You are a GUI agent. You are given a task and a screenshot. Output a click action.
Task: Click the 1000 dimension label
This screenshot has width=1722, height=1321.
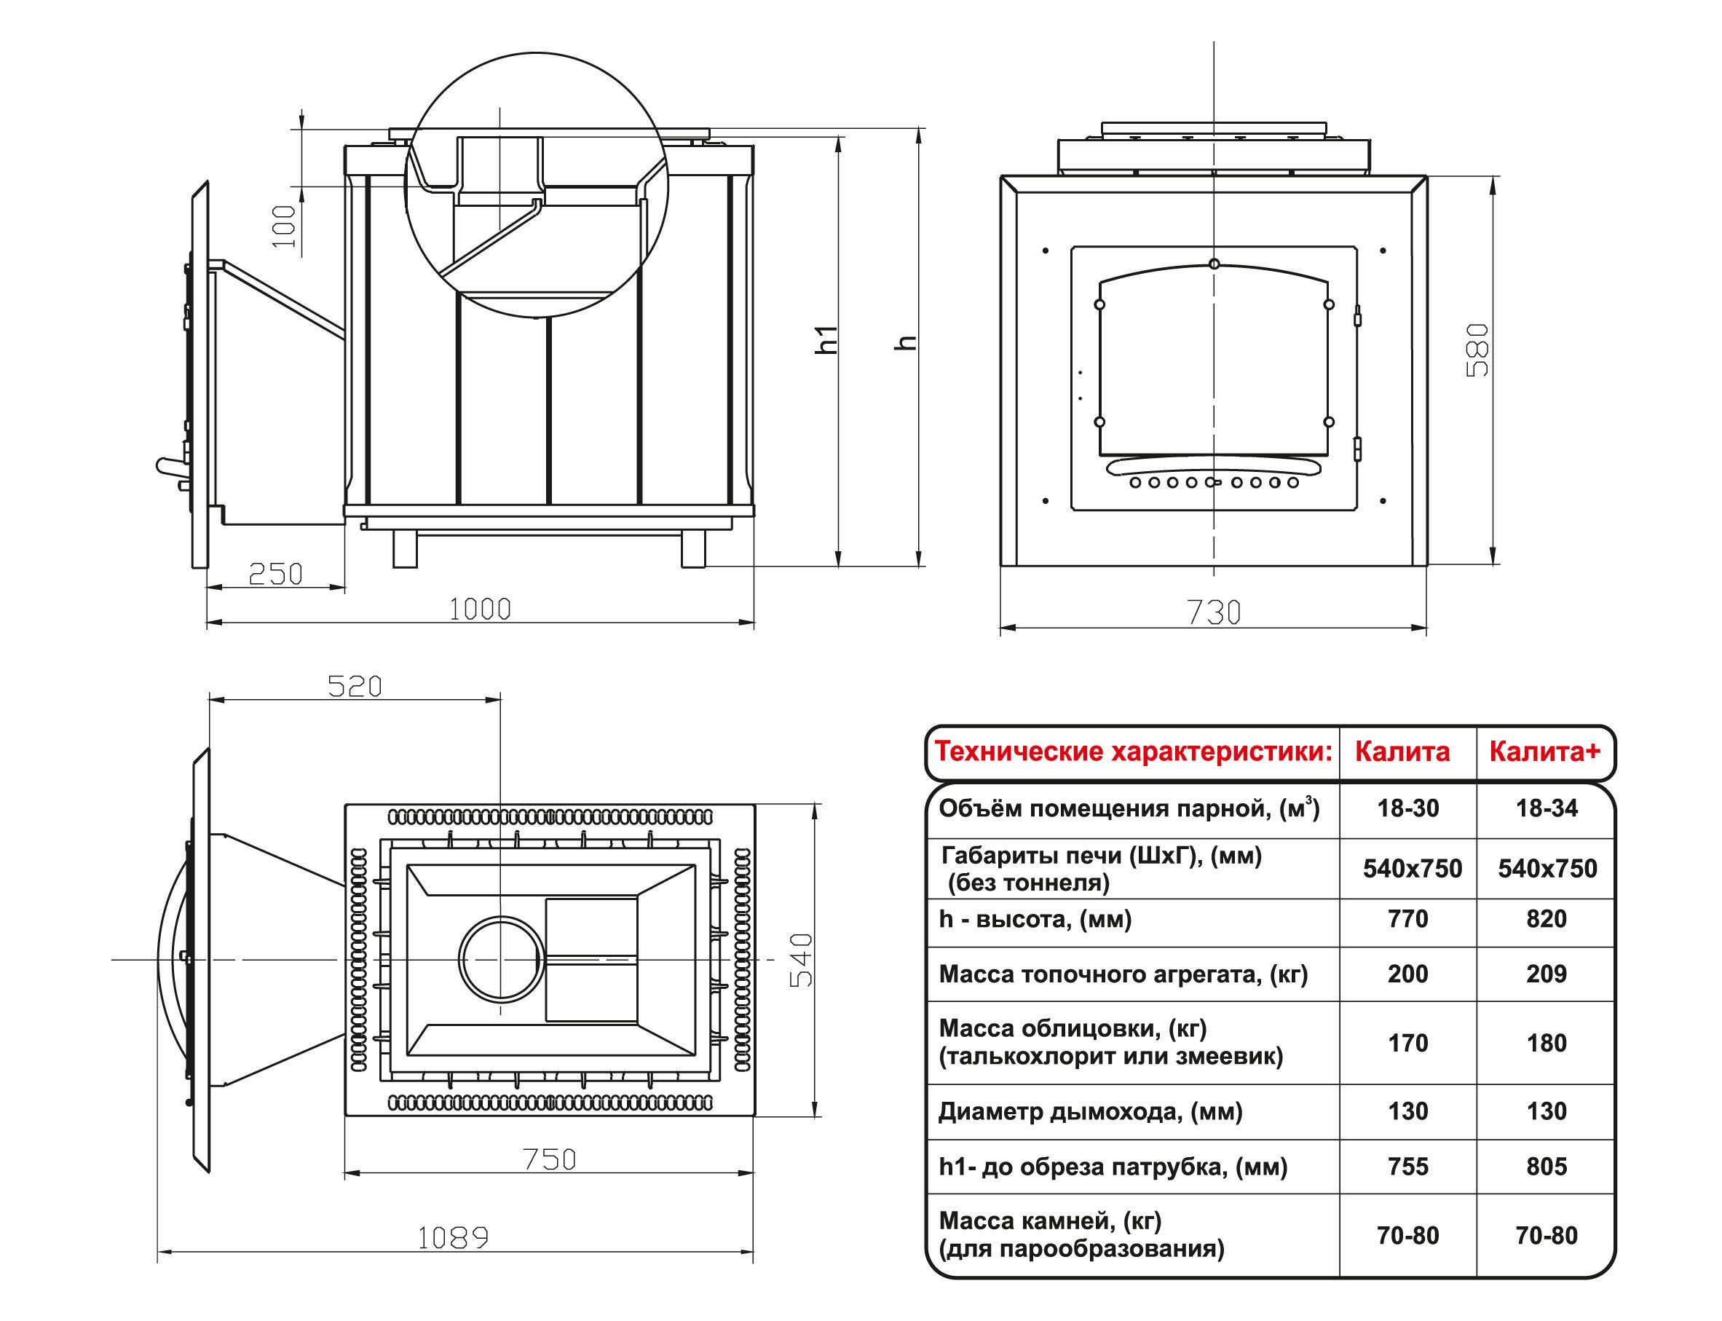[x=480, y=609]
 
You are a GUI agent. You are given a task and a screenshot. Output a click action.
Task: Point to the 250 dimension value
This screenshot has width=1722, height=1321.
[x=275, y=574]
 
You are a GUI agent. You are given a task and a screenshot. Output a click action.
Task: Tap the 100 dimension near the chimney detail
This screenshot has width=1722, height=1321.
[x=285, y=226]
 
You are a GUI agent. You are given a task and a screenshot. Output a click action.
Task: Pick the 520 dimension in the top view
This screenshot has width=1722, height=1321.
[x=355, y=687]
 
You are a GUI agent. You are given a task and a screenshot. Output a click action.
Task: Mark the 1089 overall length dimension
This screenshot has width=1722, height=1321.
[x=453, y=1239]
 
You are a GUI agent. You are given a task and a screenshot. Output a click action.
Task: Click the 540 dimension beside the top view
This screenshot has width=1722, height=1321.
[x=800, y=960]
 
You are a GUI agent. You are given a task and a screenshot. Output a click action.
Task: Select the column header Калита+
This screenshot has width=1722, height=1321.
[x=1544, y=752]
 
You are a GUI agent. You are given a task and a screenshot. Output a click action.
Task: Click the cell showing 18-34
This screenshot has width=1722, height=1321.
[x=1547, y=808]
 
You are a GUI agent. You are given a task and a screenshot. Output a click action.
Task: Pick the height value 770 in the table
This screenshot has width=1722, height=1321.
[x=1407, y=918]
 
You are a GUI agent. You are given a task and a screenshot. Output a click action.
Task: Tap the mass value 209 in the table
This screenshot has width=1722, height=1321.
[x=1547, y=974]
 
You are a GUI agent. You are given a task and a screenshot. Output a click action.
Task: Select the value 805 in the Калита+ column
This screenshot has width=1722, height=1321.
[x=1547, y=1166]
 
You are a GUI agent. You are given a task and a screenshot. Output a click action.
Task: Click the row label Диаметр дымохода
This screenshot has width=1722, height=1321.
[x=1091, y=1112]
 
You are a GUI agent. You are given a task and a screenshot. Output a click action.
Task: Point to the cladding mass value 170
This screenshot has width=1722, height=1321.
[x=1407, y=1043]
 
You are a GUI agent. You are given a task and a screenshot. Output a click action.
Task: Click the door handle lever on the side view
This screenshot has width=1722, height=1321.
[x=170, y=466]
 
